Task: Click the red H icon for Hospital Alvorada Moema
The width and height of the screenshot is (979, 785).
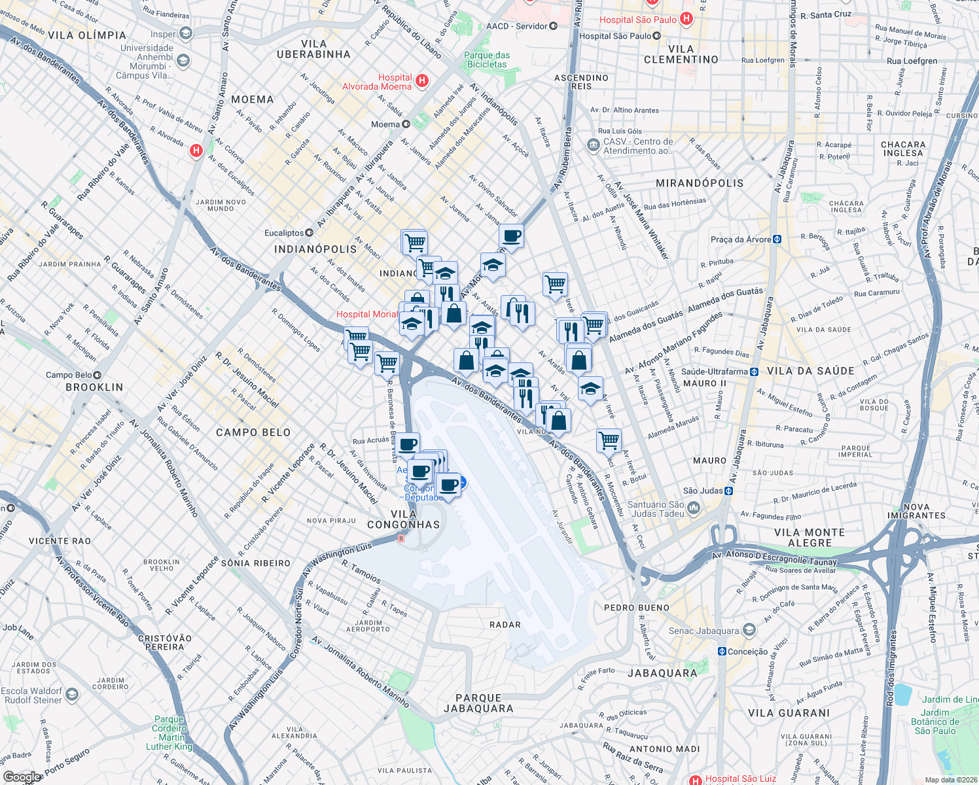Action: tap(422, 81)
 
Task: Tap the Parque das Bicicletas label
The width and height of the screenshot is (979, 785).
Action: tap(487, 60)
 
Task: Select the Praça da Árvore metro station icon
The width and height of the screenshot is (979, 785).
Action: tap(777, 239)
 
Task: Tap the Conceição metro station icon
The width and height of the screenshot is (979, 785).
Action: tap(722, 652)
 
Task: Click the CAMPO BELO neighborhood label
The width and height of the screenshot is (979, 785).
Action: tap(253, 432)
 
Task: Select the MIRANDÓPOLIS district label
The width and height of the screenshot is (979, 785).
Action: tap(700, 183)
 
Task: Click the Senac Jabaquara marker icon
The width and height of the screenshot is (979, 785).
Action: tap(749, 631)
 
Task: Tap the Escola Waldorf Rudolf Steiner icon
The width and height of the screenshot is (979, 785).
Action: tap(72, 695)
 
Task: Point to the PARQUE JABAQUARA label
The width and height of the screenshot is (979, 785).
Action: tap(478, 703)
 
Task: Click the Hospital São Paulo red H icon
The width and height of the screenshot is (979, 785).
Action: tap(686, 19)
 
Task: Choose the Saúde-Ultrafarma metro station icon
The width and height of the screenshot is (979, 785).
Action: tap(754, 372)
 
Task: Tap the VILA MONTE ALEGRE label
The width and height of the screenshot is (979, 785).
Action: tap(810, 538)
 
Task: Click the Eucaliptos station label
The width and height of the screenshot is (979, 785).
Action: tap(284, 233)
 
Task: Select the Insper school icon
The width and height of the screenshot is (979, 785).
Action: tap(186, 34)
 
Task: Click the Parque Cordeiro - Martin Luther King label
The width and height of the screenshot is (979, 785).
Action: tap(169, 733)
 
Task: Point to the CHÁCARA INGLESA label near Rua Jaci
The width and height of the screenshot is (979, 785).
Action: tap(902, 148)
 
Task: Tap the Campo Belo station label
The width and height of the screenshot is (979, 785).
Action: tap(69, 375)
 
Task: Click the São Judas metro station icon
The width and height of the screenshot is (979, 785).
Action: tap(729, 491)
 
